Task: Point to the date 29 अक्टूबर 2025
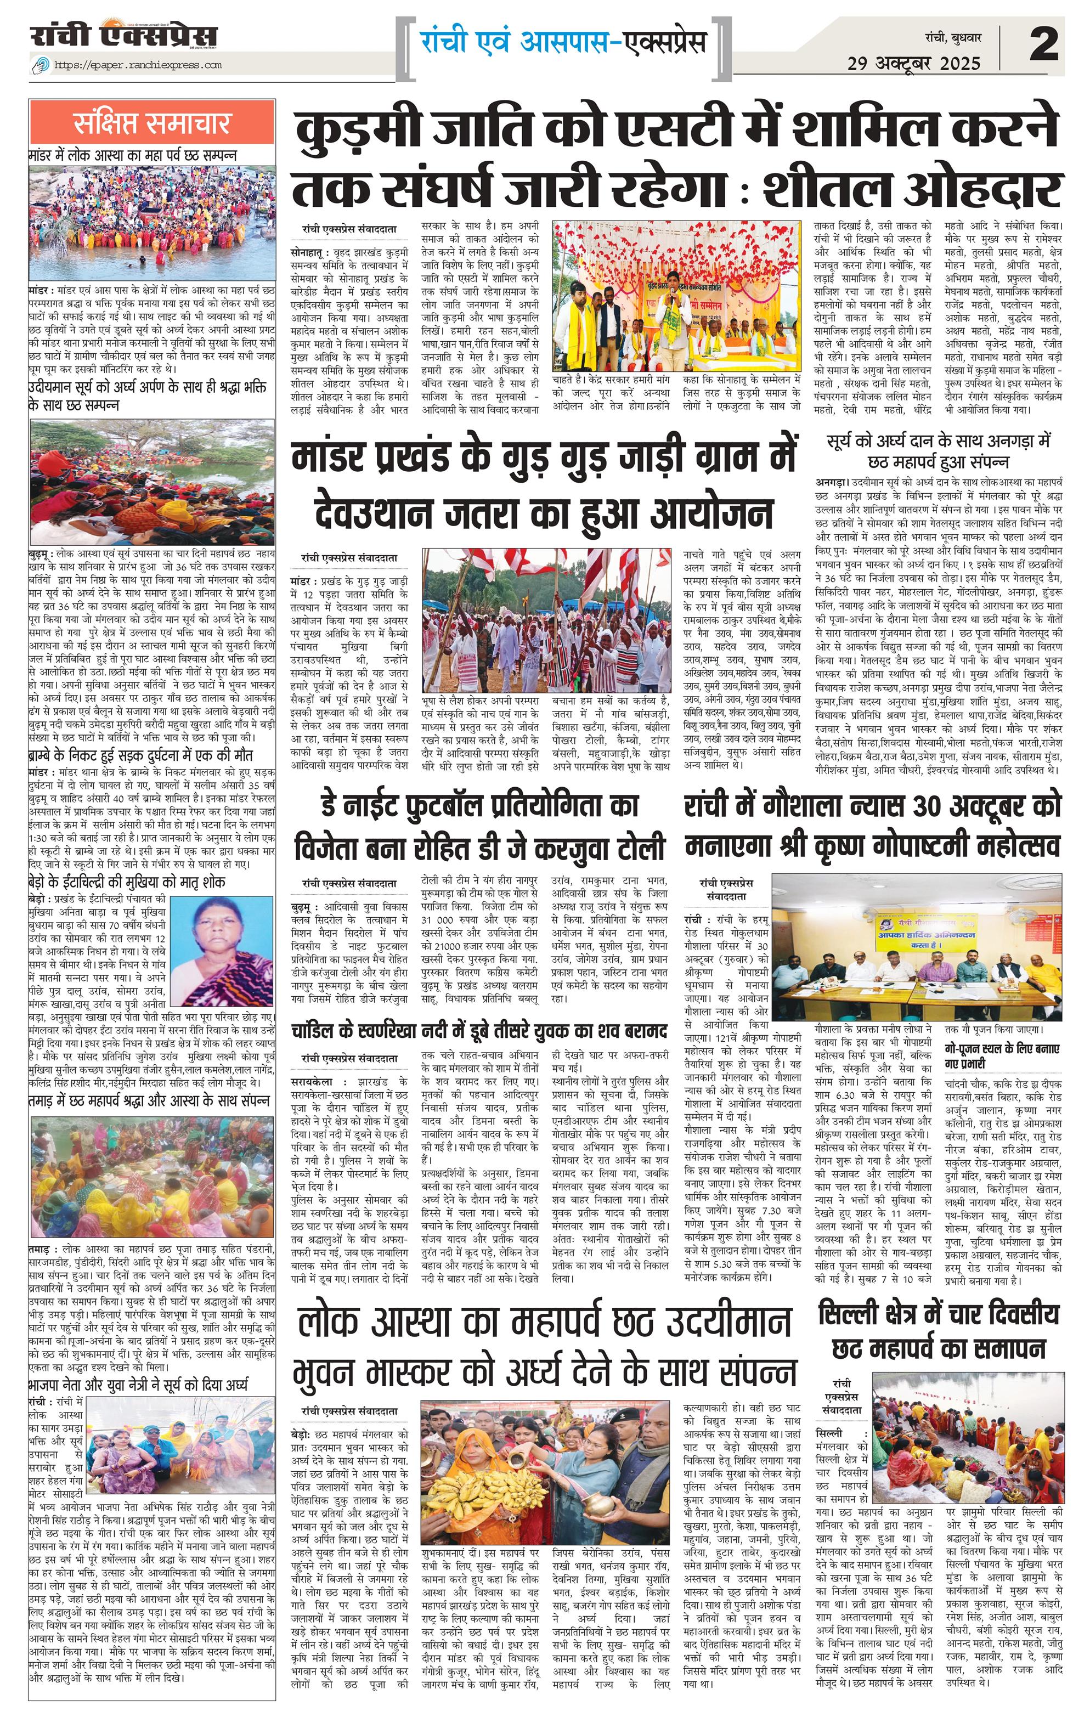[x=914, y=64]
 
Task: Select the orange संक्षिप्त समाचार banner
[x=152, y=123]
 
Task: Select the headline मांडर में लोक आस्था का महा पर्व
[x=133, y=155]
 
